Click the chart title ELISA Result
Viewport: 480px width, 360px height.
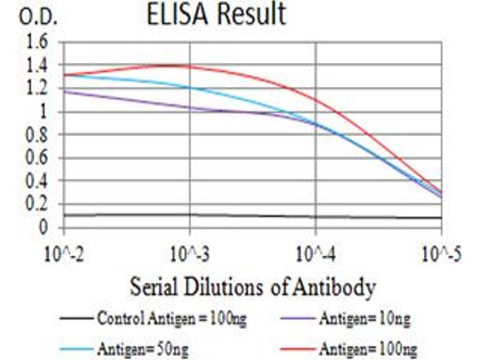[216, 15]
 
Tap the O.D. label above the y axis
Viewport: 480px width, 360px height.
[38, 17]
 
